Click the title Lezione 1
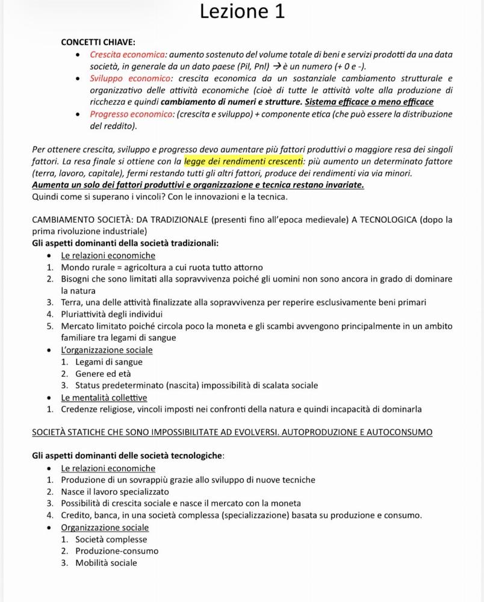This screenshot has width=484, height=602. point(241,11)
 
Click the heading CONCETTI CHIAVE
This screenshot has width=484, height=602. point(98,42)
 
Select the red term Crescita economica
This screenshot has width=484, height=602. point(126,55)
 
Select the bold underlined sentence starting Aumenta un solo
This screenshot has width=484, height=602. point(197,185)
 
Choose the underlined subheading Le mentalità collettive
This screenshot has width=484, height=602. point(104,398)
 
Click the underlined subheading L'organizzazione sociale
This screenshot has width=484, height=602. point(107,350)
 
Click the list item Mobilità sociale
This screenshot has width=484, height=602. point(106,563)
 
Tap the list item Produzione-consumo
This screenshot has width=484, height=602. point(117,551)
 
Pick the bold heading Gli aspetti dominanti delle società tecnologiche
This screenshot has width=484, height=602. point(128,456)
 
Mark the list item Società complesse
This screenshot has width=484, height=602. point(111,539)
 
